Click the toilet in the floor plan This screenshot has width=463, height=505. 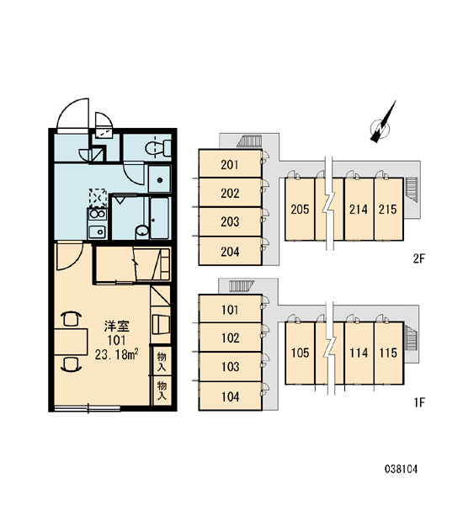(158, 148)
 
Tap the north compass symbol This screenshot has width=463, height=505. (382, 125)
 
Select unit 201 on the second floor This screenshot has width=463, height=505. (230, 165)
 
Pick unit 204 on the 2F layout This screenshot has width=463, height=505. (230, 252)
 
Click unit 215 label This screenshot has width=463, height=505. (387, 210)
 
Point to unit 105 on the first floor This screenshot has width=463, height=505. (300, 353)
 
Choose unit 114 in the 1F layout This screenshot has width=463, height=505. (359, 353)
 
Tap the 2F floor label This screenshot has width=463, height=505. (419, 258)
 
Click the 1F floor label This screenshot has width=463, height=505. (419, 402)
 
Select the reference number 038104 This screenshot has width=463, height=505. (401, 470)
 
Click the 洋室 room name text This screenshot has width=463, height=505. (117, 327)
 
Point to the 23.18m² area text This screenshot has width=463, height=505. (117, 354)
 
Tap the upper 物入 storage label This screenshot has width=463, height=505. (162, 362)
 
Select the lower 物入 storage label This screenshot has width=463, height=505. (162, 391)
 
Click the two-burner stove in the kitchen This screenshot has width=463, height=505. (98, 214)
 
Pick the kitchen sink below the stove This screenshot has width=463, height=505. (98, 231)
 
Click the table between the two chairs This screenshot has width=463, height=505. (71, 342)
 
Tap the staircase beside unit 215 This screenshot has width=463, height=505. (411, 189)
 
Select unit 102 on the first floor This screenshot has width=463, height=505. (230, 338)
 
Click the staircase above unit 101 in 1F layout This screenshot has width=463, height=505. (242, 285)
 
